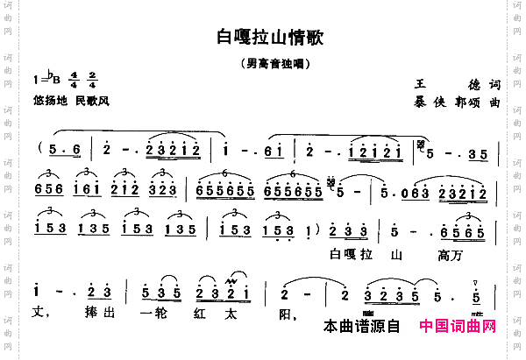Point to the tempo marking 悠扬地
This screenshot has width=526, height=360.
(49, 101)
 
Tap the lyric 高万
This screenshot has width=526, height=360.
(448, 255)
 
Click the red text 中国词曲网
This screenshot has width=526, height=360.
(458, 327)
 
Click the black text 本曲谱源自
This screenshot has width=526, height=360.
(361, 327)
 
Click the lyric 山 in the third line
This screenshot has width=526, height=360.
(396, 255)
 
